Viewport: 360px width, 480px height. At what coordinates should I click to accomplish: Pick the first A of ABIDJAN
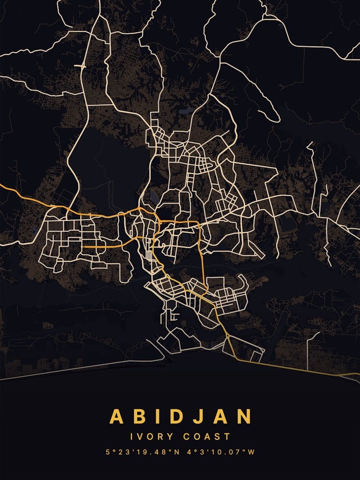117,416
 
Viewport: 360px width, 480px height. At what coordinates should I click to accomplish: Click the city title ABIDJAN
180,416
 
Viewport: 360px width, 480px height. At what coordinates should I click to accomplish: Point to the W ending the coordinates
251,452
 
